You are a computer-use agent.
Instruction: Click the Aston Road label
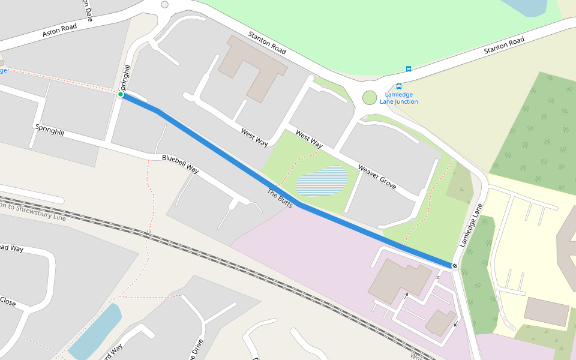(x=60, y=31)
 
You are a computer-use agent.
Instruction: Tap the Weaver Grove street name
(x=377, y=177)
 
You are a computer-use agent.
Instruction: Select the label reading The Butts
(x=280, y=199)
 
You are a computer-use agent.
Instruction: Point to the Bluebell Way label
(x=180, y=164)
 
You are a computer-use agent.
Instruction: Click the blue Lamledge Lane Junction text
(x=399, y=98)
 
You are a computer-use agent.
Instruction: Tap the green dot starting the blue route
(x=121, y=94)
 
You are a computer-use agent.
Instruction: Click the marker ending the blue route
(x=455, y=266)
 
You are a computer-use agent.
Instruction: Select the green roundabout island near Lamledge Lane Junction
(x=370, y=97)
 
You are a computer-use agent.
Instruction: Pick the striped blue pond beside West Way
(x=322, y=181)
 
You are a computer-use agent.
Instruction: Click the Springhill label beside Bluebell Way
(x=49, y=129)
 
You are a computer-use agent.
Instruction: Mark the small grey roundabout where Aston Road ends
(x=164, y=4)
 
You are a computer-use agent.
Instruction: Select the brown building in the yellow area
(x=546, y=311)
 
